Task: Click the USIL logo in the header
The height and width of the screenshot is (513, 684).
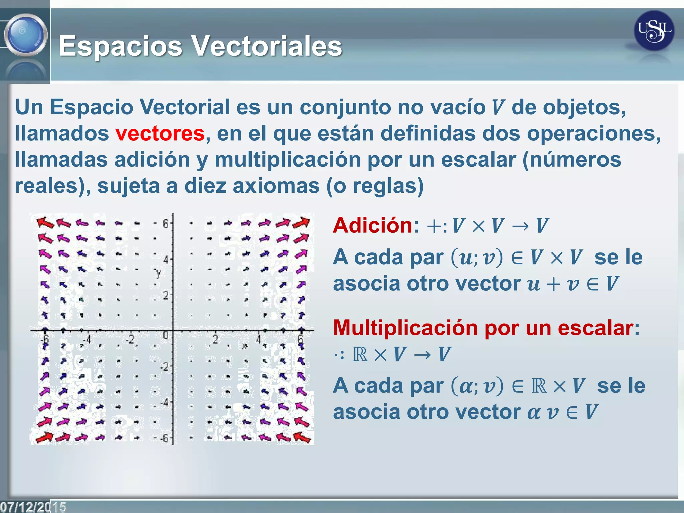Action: (654, 31)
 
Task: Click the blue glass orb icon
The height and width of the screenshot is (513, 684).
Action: (26, 35)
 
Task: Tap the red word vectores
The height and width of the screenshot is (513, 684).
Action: (160, 133)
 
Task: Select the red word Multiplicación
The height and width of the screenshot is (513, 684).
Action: (405, 328)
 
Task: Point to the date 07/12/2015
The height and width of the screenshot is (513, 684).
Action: (33, 507)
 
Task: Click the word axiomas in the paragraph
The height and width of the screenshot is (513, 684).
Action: (276, 186)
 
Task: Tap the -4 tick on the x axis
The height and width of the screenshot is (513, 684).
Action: (87, 340)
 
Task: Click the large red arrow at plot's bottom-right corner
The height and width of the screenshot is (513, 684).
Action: (302, 437)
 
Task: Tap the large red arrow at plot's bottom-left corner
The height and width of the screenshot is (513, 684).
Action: (44, 437)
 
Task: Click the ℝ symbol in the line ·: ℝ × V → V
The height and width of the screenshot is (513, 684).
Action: (360, 355)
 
